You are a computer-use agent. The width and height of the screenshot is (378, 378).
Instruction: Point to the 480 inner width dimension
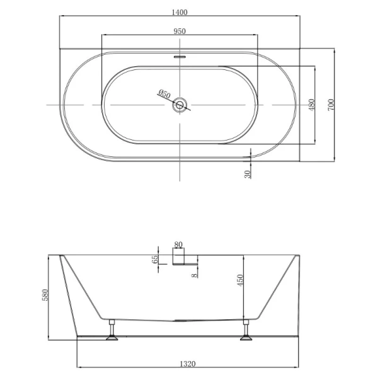[311, 105]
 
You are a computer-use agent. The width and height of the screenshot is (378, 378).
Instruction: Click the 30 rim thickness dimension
[248, 171]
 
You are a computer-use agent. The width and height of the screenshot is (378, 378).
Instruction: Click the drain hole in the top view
[181, 105]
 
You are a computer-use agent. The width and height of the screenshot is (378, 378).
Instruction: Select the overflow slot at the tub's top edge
[181, 55]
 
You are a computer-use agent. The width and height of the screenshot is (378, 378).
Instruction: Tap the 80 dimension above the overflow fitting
[178, 244]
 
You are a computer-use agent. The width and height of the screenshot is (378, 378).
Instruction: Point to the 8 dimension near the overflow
[195, 273]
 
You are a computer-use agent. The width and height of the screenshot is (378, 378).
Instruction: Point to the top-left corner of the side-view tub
[60, 255]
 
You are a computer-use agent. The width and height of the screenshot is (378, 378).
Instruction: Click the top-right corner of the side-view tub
[298, 255]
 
